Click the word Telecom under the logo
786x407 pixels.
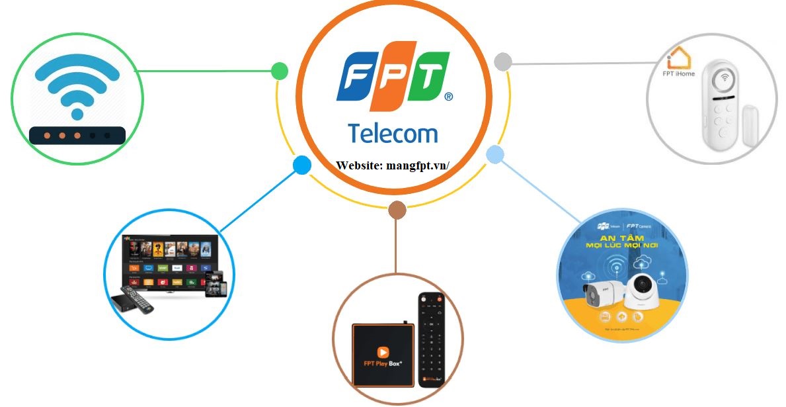[393, 133]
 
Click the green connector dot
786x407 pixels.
[280, 71]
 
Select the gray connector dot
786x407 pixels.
[503, 62]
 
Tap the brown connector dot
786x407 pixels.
[397, 210]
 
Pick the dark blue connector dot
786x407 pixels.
[301, 165]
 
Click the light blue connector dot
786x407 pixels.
[495, 155]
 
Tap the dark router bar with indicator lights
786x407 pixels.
[77, 135]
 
